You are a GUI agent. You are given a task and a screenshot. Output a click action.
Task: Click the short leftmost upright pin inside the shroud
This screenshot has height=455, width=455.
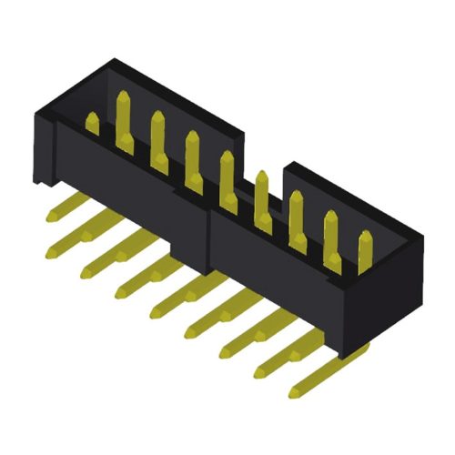[91, 124]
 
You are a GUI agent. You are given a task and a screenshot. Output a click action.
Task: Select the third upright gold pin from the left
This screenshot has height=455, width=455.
[157, 136]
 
